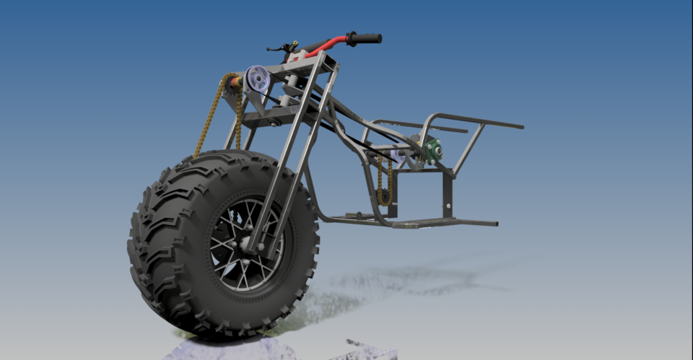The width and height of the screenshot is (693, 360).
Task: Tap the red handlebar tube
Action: pos(325,46)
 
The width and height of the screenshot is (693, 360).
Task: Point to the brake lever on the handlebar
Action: pos(276,48)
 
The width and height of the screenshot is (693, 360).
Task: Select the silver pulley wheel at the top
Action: pos(256,79)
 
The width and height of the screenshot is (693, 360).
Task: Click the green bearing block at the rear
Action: pos(434,149)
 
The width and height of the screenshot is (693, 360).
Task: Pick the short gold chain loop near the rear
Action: pos(385,180)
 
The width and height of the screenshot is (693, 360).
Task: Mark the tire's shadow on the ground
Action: pos(404,278)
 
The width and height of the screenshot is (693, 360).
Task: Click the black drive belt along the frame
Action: pos(346,137)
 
